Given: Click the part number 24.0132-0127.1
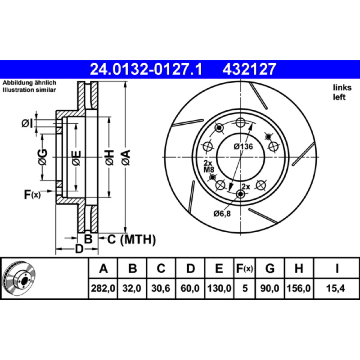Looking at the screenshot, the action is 146,69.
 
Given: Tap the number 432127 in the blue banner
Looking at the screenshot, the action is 249,69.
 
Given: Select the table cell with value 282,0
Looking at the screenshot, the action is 103,288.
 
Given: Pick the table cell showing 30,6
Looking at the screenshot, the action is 161,288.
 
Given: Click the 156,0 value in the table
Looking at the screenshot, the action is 299,288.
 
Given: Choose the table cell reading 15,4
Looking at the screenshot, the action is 336,288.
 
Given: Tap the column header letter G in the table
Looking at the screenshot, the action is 270,268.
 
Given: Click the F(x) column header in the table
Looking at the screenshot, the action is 244,268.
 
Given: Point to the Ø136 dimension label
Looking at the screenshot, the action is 243,147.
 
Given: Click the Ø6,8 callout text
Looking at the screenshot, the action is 222,214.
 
